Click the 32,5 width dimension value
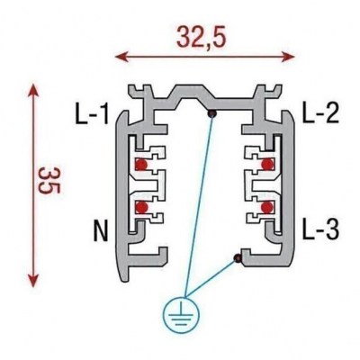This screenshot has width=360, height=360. tap(201, 37)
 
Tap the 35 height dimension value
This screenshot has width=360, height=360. tap(50, 181)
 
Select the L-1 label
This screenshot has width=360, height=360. tap(92, 113)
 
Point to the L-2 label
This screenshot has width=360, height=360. tap(320, 112)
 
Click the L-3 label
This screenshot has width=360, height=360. tap(320, 229)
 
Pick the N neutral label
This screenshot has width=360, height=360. tap(101, 231)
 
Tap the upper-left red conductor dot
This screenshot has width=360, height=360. tap(141, 165)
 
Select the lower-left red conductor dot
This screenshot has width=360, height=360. tap(141, 207)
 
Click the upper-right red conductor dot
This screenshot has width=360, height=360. tap(267, 164)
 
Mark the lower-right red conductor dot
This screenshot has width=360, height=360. tap(267, 207)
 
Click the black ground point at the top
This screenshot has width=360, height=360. tap(212, 113)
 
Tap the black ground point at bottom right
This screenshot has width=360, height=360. tap(238, 258)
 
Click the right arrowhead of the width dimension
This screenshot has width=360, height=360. tap(287, 56)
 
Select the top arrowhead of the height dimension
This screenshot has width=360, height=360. tap(33, 91)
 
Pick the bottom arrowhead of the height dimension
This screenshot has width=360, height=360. tap(33, 280)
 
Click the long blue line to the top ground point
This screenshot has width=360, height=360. tap(199, 206)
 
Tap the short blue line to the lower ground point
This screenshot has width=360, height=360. tap(211, 278)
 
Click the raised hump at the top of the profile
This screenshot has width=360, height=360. tap(191, 94)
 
